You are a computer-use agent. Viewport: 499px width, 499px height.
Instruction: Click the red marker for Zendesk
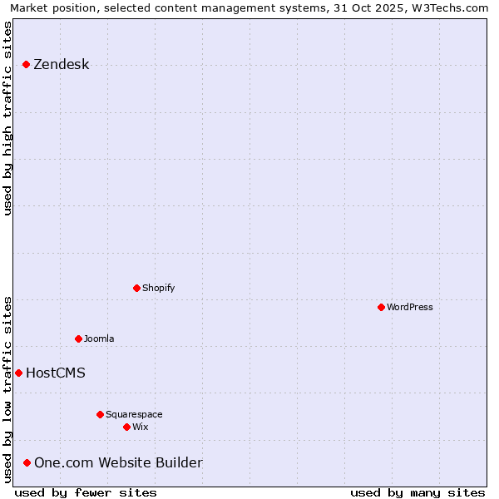point(27,64)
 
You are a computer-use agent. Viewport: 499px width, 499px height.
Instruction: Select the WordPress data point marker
point(382,307)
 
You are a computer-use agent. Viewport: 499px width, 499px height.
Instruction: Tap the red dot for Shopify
point(137,288)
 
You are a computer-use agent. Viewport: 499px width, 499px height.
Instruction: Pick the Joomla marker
point(79,338)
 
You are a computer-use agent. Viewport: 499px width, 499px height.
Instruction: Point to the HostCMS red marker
point(18,373)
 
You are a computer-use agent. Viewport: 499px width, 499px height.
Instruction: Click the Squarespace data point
point(101,414)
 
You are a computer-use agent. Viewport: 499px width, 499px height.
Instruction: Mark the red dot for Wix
point(127,427)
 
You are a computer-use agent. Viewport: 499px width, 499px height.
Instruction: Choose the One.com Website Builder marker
point(27,462)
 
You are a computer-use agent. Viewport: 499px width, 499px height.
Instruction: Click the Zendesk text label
point(62,65)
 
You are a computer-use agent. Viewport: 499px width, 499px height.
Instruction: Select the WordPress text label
point(410,307)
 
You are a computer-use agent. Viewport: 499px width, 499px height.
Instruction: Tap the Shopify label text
point(159,288)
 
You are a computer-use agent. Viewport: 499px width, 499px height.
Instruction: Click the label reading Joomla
point(99,338)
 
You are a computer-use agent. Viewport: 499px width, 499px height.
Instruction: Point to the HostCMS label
point(56,373)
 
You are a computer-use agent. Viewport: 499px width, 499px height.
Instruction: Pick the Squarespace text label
point(134,414)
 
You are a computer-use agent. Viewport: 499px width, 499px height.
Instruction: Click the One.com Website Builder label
point(118,463)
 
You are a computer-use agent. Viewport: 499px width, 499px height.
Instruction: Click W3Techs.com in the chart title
point(450,7)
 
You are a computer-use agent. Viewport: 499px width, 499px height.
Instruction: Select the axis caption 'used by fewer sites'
point(86,492)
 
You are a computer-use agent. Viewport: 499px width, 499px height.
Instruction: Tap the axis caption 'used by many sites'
point(417,492)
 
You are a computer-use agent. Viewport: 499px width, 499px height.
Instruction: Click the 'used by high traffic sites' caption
point(7,118)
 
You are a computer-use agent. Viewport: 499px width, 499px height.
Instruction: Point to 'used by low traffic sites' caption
point(7,389)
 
